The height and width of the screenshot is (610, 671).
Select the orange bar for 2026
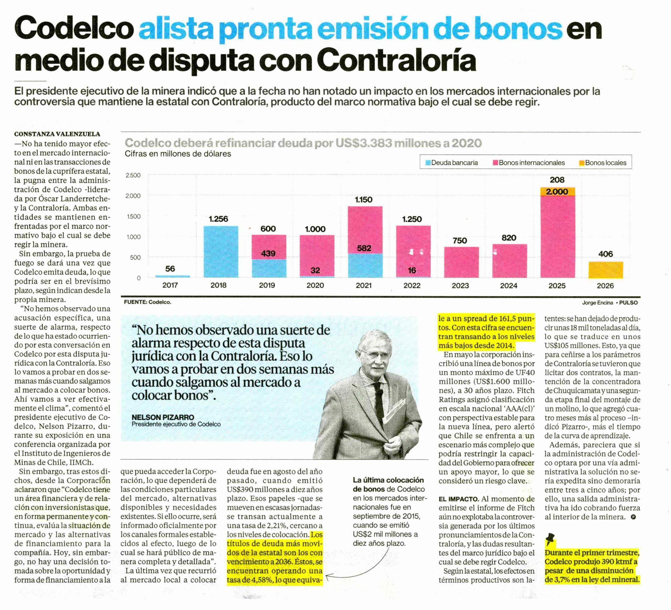(x=605, y=270)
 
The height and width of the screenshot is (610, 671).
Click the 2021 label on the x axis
(x=363, y=285)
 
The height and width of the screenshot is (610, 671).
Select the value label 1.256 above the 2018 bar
(x=218, y=219)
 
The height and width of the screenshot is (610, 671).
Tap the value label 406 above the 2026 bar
(x=605, y=254)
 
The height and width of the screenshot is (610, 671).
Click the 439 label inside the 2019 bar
(x=268, y=253)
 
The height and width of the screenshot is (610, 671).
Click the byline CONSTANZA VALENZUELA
(x=57, y=134)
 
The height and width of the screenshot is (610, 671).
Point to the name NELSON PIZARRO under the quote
(x=163, y=417)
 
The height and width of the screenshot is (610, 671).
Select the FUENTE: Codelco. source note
(x=148, y=302)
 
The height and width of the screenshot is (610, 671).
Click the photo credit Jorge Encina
(x=597, y=303)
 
